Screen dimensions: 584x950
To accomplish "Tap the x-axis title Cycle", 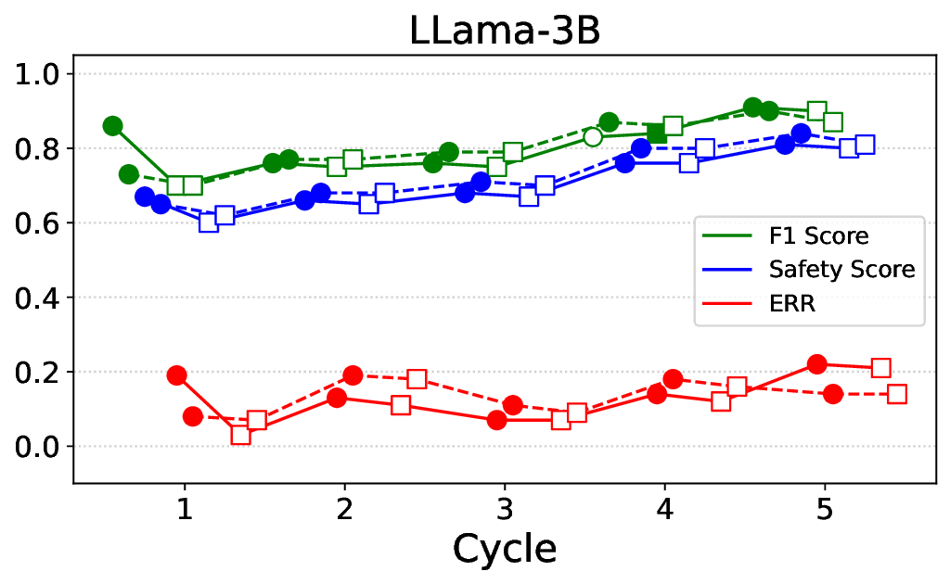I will [505, 548].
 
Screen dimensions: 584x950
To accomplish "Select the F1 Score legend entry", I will [817, 236].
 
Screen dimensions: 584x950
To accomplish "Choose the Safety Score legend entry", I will [841, 270].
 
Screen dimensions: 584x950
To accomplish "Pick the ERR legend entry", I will [791, 303].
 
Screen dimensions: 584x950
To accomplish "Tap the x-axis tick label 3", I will [505, 509].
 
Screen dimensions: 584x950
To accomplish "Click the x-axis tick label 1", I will [185, 509].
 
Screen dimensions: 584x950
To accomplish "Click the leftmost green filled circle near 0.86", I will [113, 126].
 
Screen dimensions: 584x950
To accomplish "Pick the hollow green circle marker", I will [593, 137].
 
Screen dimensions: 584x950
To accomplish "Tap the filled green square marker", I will [657, 133].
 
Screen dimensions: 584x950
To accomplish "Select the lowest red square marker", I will [241, 435].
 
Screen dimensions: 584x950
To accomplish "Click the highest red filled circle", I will [817, 364].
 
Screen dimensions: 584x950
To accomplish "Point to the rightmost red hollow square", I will [897, 394].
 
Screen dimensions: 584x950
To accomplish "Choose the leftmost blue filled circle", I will [145, 197].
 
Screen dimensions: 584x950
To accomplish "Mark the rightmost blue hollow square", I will [865, 145].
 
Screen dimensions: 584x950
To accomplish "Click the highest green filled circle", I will [753, 108].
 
